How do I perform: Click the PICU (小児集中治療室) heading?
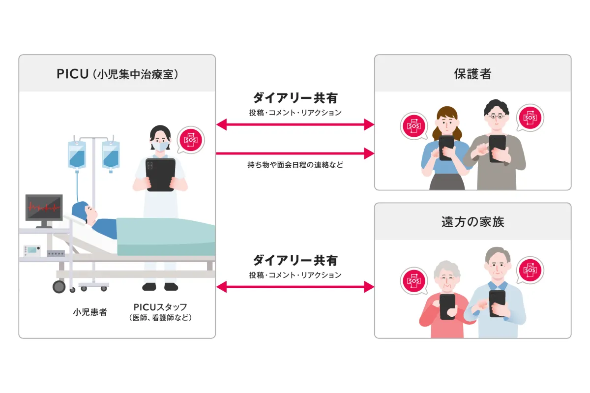click(117, 74)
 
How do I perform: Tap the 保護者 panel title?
click(472, 74)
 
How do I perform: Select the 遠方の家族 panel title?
click(472, 222)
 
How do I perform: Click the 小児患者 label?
click(90, 312)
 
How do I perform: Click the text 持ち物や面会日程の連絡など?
click(295, 165)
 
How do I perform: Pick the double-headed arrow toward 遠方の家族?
click(295, 287)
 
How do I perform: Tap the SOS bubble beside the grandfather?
click(530, 270)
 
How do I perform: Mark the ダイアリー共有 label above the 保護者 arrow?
click(295, 98)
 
